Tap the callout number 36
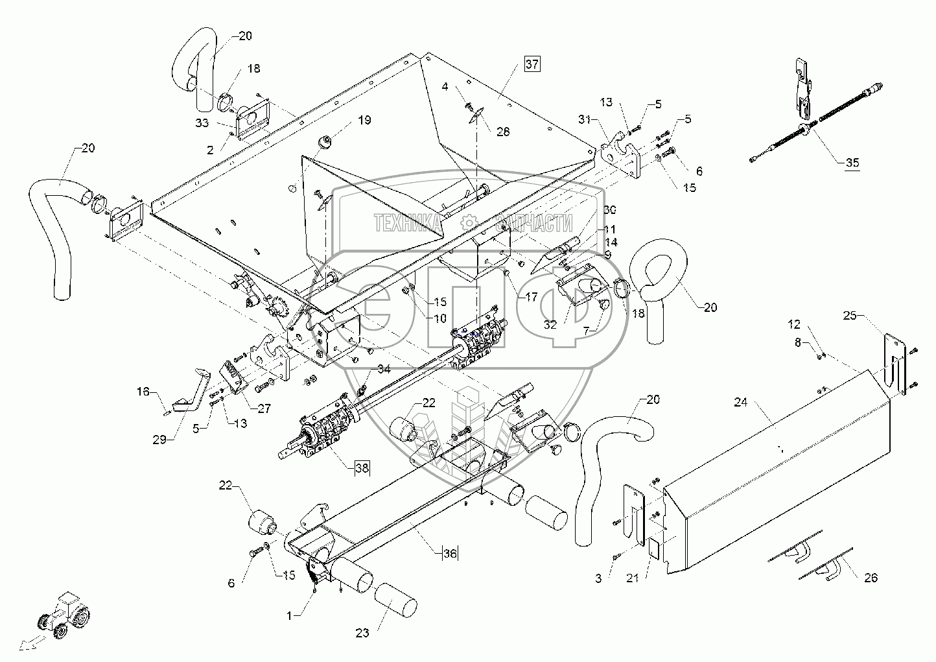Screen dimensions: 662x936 tap(450, 553)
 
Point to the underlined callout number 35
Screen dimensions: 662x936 tap(852, 163)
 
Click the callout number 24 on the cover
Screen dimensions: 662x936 tap(741, 403)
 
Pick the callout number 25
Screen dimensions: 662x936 tap(868, 315)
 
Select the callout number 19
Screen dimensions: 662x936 tap(364, 120)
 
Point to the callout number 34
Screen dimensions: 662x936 tap(384, 369)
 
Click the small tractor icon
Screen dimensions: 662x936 tap(65, 616)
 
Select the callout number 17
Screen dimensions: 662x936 tap(532, 298)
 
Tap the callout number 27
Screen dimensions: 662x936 tap(264, 408)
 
